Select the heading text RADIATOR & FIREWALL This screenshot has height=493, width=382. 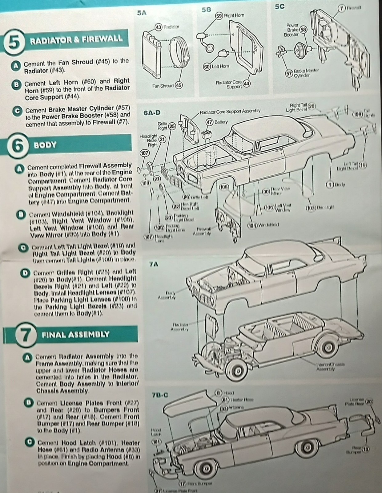(x=76, y=40)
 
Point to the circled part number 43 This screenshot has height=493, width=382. (x=159, y=27)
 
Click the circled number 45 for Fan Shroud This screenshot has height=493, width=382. (x=179, y=86)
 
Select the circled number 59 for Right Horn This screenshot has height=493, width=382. (x=219, y=16)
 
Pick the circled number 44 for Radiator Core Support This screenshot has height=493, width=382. (x=246, y=84)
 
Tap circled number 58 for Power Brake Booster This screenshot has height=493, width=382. (x=303, y=30)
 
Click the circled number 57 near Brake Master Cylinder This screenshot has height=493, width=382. (x=289, y=74)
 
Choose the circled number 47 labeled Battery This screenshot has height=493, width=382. (x=209, y=122)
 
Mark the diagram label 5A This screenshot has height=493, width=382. (x=142, y=13)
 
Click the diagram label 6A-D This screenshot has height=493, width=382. (x=152, y=113)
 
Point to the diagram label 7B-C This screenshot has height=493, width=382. (x=160, y=395)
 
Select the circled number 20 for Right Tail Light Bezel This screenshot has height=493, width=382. (x=312, y=106)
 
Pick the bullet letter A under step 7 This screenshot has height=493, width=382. (x=27, y=357)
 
